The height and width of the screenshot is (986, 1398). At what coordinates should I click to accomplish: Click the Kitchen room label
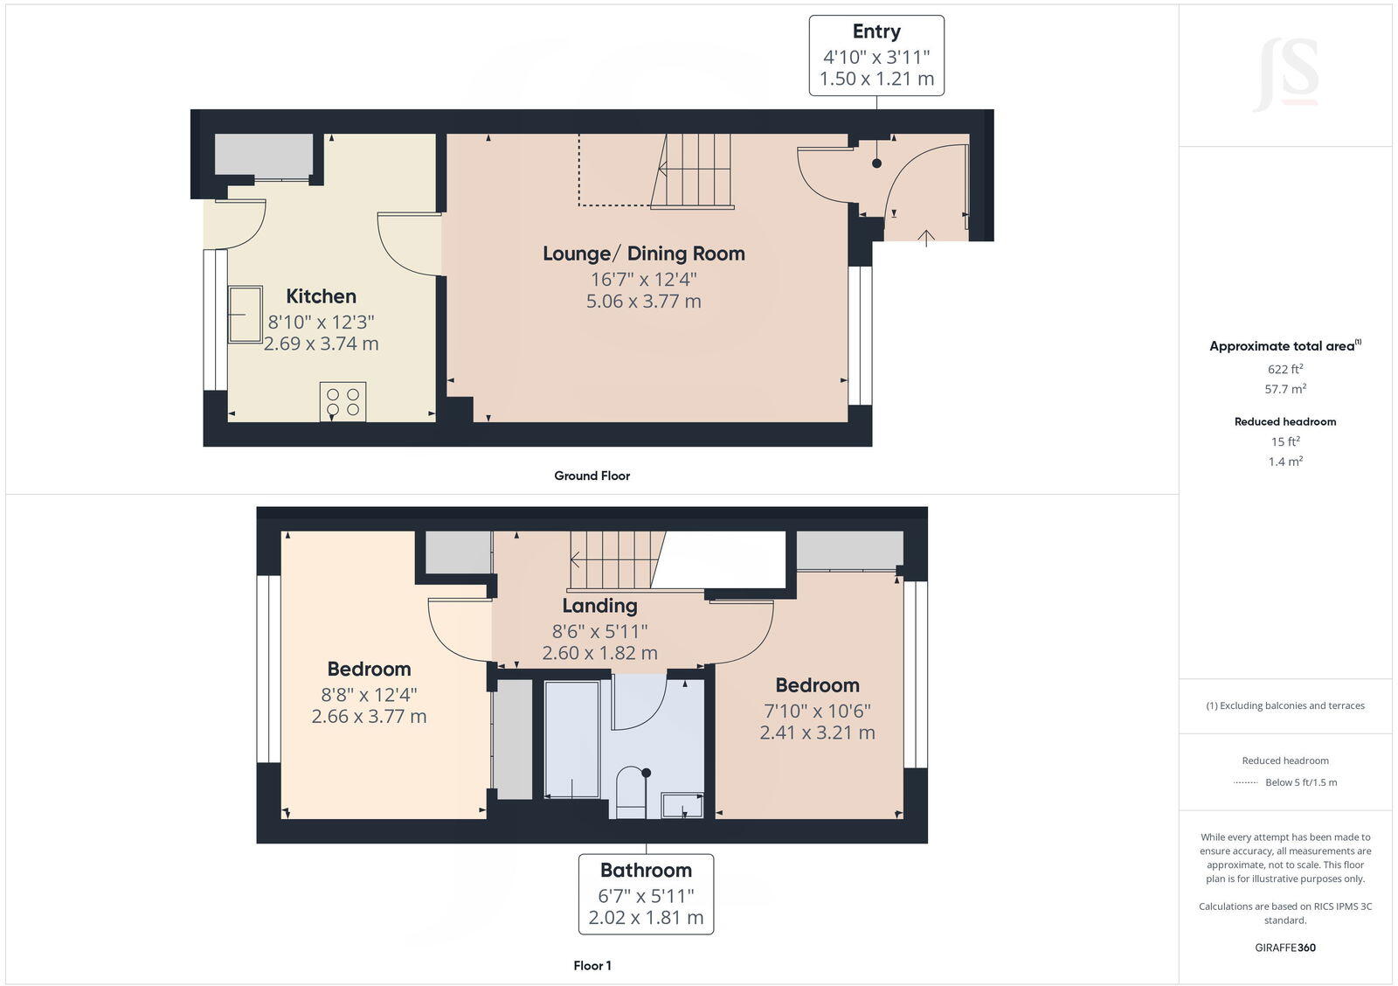[x=321, y=296]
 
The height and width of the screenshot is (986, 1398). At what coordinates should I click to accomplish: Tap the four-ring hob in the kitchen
[x=343, y=402]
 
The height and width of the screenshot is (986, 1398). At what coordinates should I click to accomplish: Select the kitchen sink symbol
[x=245, y=314]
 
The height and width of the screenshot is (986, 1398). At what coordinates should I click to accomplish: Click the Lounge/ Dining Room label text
[x=643, y=253]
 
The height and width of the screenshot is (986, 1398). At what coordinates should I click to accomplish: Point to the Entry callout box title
[x=876, y=31]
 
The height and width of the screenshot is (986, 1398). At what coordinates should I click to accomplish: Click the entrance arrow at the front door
[x=926, y=237]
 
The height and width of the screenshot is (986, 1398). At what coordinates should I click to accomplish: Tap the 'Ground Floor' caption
[x=592, y=476]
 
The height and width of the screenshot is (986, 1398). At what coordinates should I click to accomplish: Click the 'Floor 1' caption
[x=592, y=965]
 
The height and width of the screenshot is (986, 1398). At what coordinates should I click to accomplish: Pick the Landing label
[x=599, y=606]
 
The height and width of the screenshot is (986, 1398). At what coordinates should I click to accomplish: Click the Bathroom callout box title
[x=646, y=871]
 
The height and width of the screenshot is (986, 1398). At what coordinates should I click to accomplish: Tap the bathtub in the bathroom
[x=572, y=739]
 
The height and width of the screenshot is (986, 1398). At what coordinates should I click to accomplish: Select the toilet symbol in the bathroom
[x=630, y=791]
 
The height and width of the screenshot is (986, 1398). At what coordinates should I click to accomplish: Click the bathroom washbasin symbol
[x=682, y=804]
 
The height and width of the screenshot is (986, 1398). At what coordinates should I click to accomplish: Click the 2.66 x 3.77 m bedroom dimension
[x=369, y=717]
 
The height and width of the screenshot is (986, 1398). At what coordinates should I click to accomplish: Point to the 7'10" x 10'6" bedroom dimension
[x=817, y=712]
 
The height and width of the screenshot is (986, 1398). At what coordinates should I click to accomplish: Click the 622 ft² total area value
[x=1284, y=369]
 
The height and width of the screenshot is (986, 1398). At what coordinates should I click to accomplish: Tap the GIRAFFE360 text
[x=1284, y=948]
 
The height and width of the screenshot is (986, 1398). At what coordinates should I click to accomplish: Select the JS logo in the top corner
[x=1285, y=75]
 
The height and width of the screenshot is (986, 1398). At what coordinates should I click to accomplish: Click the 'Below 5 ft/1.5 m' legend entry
[x=1300, y=782]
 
